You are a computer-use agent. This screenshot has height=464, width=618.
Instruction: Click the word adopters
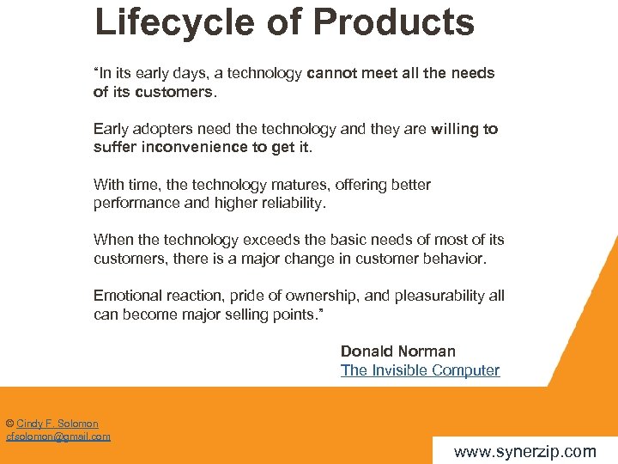[162, 129]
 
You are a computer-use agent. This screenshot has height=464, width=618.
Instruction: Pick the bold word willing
[461, 129]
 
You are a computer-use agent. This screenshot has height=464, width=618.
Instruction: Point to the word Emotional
[128, 296]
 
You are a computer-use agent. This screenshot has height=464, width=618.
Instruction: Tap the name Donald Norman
[397, 351]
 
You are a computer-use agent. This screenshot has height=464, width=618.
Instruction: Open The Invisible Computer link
[420, 370]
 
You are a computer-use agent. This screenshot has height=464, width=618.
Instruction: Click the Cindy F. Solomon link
[58, 424]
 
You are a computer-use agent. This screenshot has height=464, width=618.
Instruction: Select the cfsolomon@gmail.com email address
[58, 437]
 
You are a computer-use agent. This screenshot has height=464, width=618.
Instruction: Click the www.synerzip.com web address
[524, 451]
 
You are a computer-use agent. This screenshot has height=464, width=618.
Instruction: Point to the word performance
[137, 204]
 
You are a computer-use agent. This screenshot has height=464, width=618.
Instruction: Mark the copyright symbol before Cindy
[9, 424]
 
